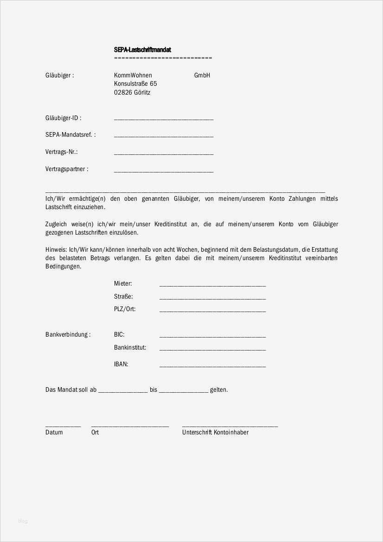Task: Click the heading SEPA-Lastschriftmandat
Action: (x=143, y=50)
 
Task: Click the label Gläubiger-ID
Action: (x=63, y=118)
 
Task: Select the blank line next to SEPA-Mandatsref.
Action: (x=163, y=136)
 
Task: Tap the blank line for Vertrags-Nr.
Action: (x=163, y=153)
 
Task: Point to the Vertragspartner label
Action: (x=66, y=169)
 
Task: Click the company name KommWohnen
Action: (x=133, y=75)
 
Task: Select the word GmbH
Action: (x=202, y=75)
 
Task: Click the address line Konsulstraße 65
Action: (x=135, y=84)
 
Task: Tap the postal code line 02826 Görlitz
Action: (x=132, y=93)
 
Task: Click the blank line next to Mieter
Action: (x=212, y=285)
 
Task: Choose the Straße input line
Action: (x=212, y=298)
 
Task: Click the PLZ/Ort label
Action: (x=125, y=309)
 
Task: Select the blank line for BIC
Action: (x=212, y=336)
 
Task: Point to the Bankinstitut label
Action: (x=130, y=347)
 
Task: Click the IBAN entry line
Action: (x=212, y=366)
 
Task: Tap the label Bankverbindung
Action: (x=68, y=335)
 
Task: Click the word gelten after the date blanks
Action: (x=219, y=390)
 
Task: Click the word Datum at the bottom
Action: (x=54, y=433)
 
